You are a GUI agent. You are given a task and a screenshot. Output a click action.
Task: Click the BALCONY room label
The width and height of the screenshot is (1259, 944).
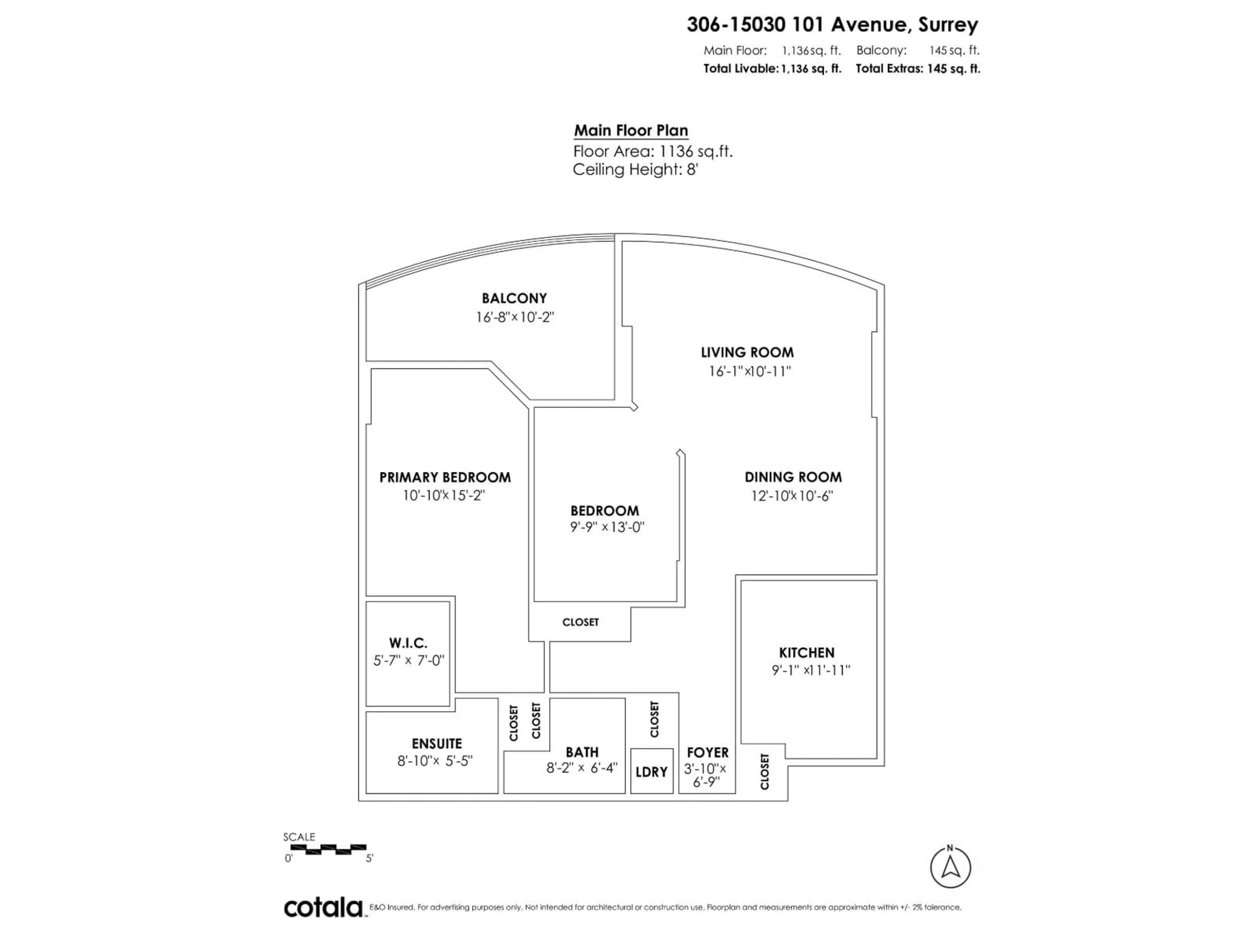point(514,298)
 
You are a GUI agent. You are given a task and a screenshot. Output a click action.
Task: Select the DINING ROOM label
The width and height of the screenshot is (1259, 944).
point(793,477)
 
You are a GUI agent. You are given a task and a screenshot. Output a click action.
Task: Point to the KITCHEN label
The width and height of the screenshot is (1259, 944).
point(807,653)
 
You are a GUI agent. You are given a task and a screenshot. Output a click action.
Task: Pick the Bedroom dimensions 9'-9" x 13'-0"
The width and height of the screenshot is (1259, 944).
point(607,527)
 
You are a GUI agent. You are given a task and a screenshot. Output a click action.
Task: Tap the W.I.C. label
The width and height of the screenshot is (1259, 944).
point(408,643)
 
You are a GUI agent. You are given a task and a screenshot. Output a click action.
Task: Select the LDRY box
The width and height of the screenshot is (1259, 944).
point(652,772)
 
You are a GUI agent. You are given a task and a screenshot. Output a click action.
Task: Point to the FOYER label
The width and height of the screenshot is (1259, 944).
point(708,752)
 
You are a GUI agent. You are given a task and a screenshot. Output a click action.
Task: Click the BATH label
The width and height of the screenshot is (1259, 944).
point(582,752)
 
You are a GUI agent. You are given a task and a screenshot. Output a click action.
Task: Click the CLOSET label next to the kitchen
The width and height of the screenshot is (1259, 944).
point(764,772)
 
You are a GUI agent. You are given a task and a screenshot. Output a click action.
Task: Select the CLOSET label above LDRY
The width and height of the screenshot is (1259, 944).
point(654,719)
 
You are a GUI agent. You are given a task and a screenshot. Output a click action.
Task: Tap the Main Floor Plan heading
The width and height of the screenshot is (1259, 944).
point(630,130)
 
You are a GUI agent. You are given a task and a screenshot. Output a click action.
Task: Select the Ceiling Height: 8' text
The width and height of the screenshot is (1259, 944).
point(635,169)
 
